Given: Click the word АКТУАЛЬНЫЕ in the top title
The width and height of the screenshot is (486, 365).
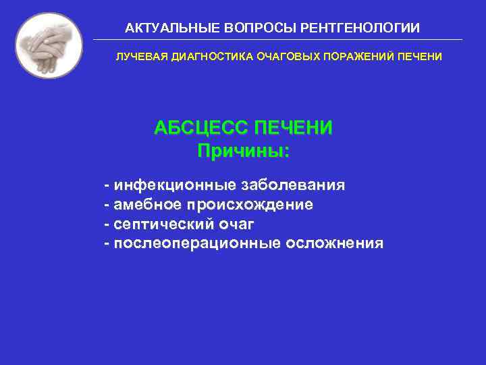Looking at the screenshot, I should tap(163, 28).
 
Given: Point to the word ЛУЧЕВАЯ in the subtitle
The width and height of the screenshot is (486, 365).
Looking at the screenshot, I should tap(136, 57).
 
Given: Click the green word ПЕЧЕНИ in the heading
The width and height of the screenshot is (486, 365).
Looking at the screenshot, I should tap(292, 128).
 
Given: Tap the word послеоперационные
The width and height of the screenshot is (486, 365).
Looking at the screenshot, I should tap(196, 243).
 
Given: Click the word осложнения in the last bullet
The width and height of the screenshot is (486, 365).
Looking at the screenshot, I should tap(334, 243).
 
